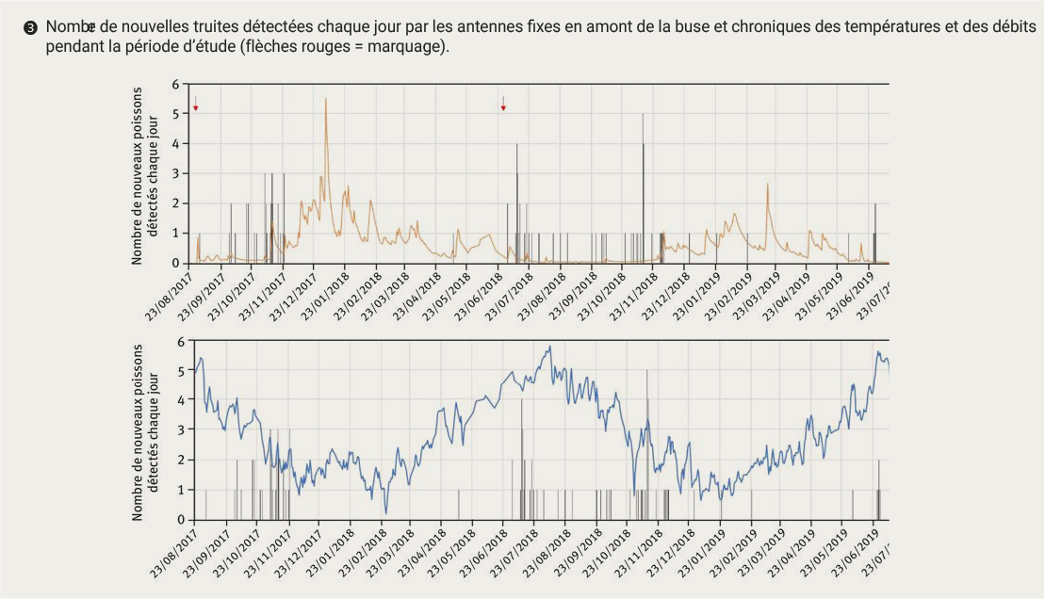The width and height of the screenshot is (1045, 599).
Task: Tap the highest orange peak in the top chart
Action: (326, 100)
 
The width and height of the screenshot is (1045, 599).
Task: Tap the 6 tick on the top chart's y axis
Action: (174, 85)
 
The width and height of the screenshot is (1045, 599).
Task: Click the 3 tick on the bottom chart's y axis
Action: (179, 430)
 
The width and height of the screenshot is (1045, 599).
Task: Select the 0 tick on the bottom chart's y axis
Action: (179, 520)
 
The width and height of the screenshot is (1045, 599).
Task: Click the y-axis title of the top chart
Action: (145, 174)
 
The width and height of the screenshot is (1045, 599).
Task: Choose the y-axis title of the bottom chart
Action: (145, 430)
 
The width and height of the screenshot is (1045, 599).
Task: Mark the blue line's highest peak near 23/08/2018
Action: (548, 348)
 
